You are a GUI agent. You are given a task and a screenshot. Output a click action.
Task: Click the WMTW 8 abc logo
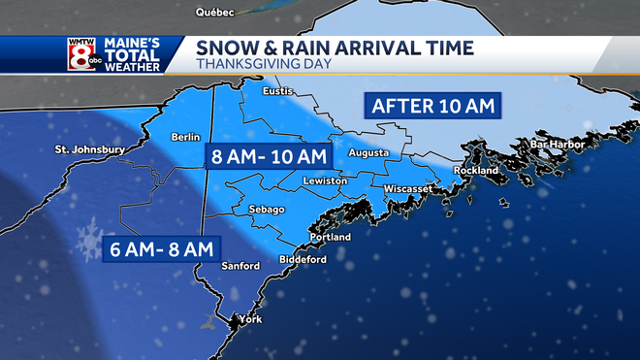(81, 55)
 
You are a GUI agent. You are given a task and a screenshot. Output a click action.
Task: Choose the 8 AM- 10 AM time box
(268, 155)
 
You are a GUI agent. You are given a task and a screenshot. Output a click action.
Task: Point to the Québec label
(216, 13)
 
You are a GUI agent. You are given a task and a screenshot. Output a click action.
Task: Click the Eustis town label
(279, 91)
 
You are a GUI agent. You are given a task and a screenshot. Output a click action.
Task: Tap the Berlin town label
(184, 137)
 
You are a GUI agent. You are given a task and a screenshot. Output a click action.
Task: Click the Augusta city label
(369, 153)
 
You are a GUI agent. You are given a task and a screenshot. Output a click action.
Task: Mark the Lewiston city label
(324, 181)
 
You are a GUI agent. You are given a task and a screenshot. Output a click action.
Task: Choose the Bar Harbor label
(554, 145)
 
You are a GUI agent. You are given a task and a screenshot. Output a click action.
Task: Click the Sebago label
(266, 210)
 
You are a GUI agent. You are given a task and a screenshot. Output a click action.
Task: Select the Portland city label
(330, 238)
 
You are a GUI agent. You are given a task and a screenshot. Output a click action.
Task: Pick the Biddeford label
(304, 260)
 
